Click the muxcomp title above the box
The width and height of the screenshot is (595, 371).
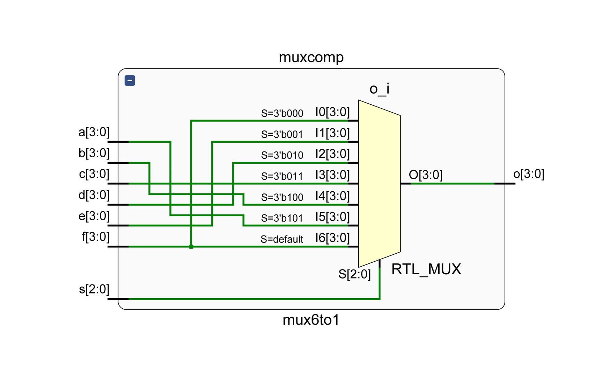click(311, 58)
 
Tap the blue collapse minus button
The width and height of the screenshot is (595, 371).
click(130, 80)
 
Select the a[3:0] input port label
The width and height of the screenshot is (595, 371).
click(94, 132)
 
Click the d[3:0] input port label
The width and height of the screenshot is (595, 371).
click(94, 195)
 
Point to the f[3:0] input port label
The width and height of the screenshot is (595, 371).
click(96, 237)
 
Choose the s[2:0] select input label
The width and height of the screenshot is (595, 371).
click(94, 289)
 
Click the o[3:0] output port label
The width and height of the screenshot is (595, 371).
click(528, 174)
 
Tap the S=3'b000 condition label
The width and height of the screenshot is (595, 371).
click(282, 113)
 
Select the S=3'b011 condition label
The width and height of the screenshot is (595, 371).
click(282, 176)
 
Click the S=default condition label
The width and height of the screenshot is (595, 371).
click(282, 239)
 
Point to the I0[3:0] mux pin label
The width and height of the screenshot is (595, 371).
click(332, 112)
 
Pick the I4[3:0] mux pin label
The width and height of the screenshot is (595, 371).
click(332, 196)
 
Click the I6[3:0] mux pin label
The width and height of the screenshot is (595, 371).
click(332, 238)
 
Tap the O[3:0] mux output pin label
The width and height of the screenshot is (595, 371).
click(425, 175)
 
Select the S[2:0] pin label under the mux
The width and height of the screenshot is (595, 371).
click(354, 274)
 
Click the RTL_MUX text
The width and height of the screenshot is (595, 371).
click(426, 270)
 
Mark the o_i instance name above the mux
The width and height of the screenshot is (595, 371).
click(379, 89)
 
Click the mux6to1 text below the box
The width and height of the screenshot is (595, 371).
click(311, 320)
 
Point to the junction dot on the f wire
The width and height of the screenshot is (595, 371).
click(191, 247)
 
